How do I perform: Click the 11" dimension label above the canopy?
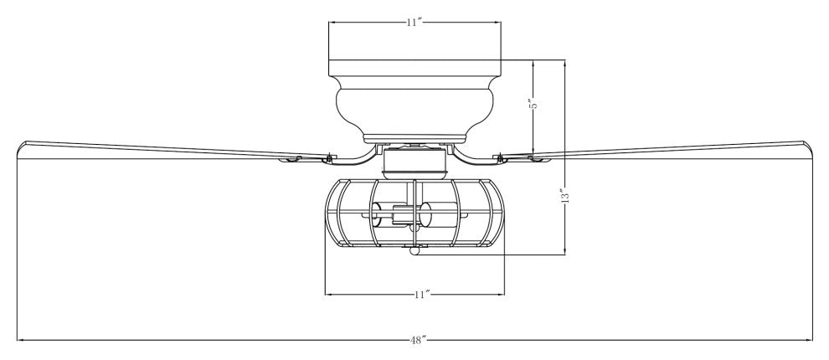click(x=412, y=23)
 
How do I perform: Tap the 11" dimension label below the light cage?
click(x=422, y=294)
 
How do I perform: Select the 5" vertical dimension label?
click(x=531, y=105)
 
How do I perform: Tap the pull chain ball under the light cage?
click(x=414, y=249)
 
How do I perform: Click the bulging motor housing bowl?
click(x=414, y=105)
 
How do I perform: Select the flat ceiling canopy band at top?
click(x=414, y=67)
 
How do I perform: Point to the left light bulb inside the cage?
click(x=380, y=220)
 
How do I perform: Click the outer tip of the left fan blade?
click(x=25, y=146)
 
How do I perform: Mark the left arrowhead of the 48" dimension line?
click(x=18, y=340)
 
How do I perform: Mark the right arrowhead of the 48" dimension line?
click(x=810, y=340)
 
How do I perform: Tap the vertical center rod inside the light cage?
click(x=414, y=209)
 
